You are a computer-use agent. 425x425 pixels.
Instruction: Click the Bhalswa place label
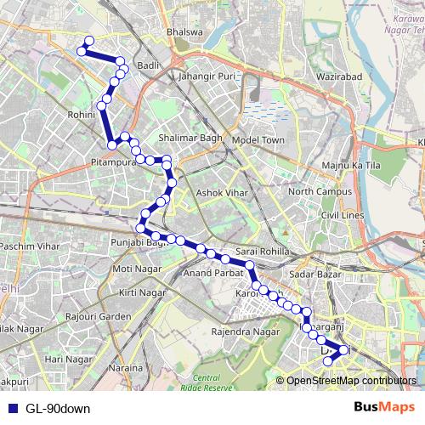(186, 32)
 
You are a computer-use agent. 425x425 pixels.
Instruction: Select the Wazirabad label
(318, 76)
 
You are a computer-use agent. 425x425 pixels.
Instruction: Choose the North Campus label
(320, 191)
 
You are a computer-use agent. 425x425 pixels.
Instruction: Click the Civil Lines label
(343, 215)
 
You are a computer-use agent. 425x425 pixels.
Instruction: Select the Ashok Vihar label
(220, 193)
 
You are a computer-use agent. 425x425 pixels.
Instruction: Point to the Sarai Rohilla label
(263, 252)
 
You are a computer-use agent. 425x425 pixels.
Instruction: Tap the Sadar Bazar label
(314, 274)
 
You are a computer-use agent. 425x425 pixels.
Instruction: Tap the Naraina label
(125, 368)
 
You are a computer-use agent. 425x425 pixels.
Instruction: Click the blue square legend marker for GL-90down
(12, 408)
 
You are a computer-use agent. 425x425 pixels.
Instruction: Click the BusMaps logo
(385, 407)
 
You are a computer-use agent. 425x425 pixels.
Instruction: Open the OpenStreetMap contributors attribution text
(351, 381)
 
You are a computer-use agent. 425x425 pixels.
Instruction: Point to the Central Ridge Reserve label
(212, 382)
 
